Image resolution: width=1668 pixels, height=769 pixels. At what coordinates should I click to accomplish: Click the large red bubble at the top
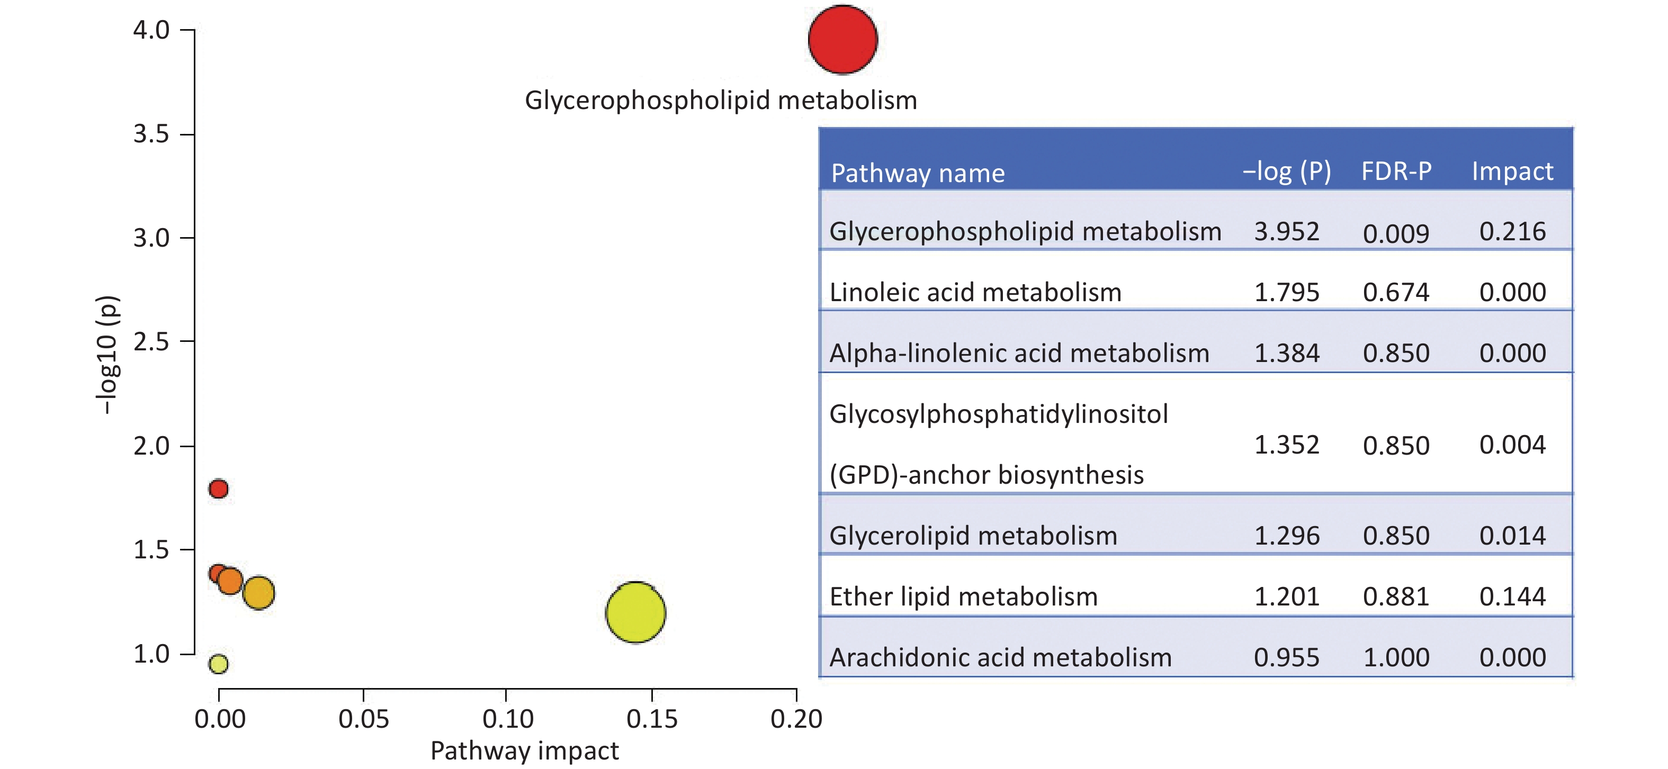[842, 40]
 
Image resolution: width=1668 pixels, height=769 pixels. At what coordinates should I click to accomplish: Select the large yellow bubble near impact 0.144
[635, 612]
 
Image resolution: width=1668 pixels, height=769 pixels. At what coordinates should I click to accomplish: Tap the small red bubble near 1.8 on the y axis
[218, 488]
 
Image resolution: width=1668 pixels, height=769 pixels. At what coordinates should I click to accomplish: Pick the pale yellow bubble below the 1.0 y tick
[218, 664]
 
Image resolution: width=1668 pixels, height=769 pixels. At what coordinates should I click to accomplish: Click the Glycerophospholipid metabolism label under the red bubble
[721, 101]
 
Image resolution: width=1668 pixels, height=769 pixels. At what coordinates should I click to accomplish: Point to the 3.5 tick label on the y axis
[151, 134]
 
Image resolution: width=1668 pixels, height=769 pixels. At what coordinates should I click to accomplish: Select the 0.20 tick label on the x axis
[796, 719]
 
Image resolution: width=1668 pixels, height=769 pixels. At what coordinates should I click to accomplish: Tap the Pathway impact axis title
[524, 751]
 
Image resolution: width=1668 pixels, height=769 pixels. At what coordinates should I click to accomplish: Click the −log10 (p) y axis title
[107, 355]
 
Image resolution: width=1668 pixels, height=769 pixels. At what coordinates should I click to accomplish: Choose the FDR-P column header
[1396, 171]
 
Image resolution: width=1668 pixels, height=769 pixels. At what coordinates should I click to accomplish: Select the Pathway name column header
[918, 174]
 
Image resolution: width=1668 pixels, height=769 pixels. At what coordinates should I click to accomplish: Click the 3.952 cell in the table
[1287, 232]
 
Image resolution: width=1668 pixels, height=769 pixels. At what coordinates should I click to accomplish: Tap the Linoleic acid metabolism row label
[975, 293]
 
